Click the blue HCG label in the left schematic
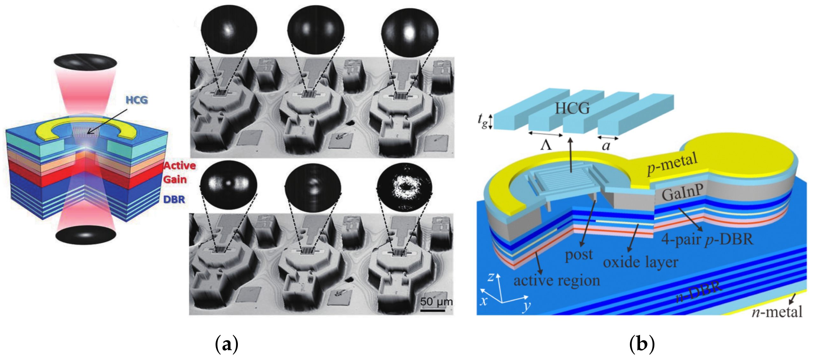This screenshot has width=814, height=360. (137, 100)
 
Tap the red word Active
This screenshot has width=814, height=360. (180, 166)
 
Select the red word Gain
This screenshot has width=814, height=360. (175, 179)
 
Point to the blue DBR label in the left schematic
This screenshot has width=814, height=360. (174, 199)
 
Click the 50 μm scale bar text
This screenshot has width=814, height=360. (436, 301)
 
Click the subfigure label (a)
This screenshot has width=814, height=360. (226, 344)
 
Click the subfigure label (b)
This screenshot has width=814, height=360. (642, 344)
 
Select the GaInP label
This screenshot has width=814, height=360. (682, 192)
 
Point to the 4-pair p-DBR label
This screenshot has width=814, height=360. (707, 239)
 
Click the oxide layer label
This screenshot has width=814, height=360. (640, 263)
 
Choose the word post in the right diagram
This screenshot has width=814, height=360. (579, 255)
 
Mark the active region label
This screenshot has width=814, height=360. (557, 280)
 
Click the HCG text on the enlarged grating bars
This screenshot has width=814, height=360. (572, 108)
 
